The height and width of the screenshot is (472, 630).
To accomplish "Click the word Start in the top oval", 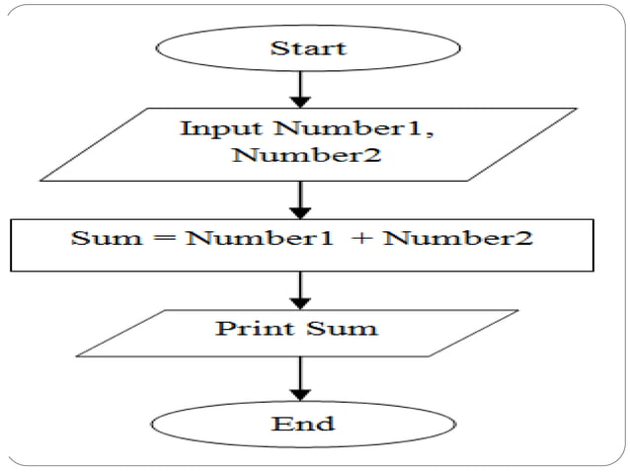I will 307,47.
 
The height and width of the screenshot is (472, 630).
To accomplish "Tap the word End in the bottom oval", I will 302,425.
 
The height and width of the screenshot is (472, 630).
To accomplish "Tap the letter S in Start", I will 276,47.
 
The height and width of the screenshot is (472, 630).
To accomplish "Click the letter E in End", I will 279,425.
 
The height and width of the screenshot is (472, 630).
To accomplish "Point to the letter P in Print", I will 223,327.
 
